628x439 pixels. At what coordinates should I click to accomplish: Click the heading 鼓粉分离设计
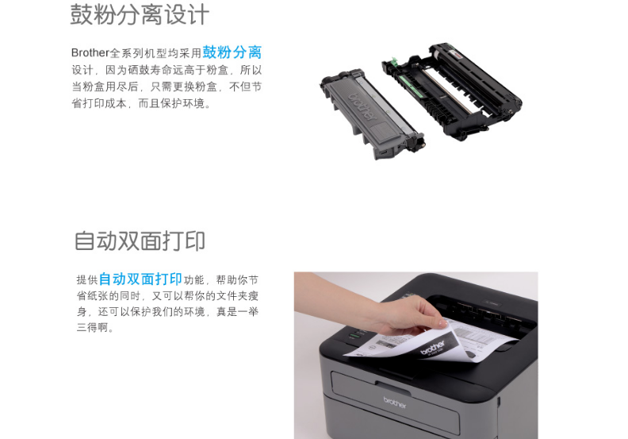click(x=140, y=15)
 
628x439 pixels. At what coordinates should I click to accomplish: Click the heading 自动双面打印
click(x=140, y=241)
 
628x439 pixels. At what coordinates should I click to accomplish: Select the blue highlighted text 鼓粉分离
click(x=232, y=52)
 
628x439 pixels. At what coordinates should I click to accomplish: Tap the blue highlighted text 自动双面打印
click(x=140, y=279)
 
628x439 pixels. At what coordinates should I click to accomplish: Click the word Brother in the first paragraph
click(x=90, y=52)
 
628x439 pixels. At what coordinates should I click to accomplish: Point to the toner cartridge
click(x=372, y=114)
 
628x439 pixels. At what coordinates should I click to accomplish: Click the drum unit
click(x=453, y=90)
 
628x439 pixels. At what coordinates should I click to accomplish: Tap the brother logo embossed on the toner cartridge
click(x=363, y=106)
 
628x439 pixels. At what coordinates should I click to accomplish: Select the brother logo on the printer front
click(x=395, y=402)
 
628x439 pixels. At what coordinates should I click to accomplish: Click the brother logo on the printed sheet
click(x=433, y=348)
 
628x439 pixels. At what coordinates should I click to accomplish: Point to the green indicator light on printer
click(x=353, y=335)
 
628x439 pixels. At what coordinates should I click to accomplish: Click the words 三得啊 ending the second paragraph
click(x=92, y=328)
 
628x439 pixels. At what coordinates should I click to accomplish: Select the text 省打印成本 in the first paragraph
click(x=99, y=103)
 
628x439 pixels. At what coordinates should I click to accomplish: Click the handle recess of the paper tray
click(x=393, y=388)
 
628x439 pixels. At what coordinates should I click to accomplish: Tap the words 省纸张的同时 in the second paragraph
click(x=108, y=296)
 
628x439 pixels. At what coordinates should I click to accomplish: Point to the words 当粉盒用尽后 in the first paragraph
click(x=105, y=87)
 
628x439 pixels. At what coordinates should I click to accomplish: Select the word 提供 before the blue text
click(x=87, y=279)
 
